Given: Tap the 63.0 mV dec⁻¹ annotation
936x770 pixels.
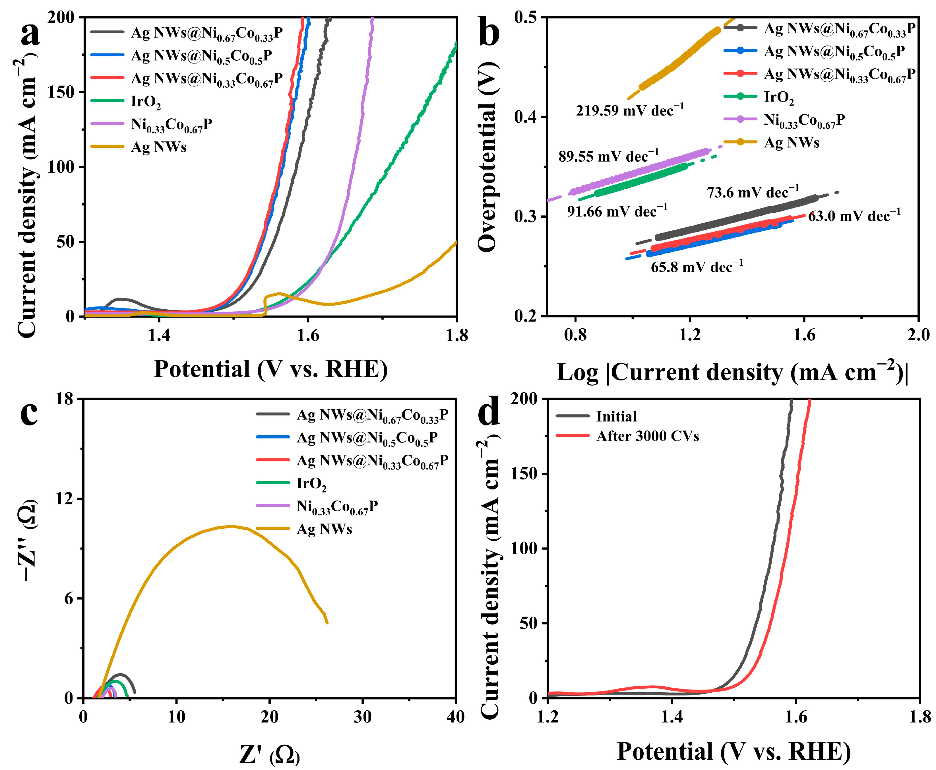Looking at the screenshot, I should [x=854, y=216].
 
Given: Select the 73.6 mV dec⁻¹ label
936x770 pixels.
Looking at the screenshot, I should [x=753, y=192].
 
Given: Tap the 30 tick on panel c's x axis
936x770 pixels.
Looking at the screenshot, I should [x=362, y=717].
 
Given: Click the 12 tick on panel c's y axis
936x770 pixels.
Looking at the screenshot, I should [x=63, y=499].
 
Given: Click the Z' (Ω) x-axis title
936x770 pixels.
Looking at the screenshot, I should [x=270, y=754].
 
